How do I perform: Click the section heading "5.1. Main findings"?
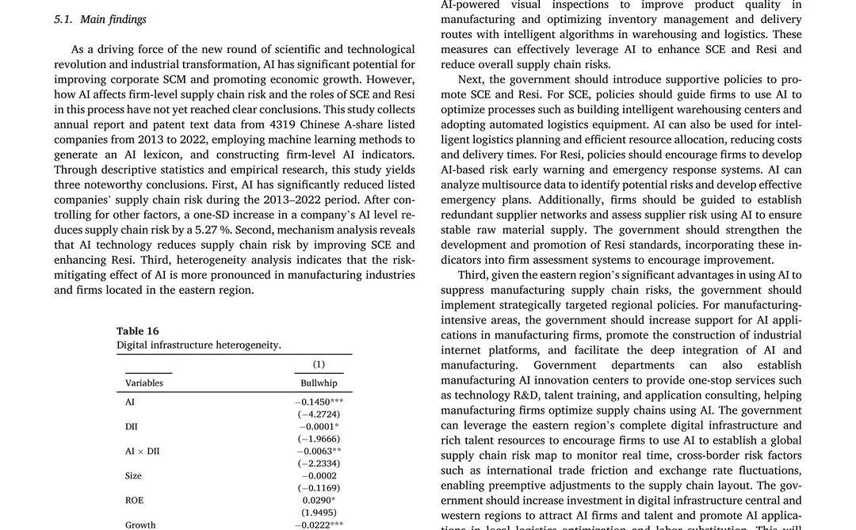[x=100, y=19]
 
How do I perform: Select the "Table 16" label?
[x=137, y=331]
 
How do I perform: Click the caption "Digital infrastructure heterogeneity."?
[x=198, y=345]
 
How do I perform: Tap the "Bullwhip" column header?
[x=319, y=383]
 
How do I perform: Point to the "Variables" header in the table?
[x=144, y=383]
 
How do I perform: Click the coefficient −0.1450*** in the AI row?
[x=319, y=402]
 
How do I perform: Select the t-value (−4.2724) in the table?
[x=319, y=414]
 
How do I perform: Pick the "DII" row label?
[x=132, y=427]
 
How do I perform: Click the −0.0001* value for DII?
[x=319, y=427]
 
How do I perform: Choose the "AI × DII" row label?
[x=142, y=452]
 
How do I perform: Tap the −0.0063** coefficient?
[x=319, y=452]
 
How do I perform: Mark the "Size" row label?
[x=133, y=476]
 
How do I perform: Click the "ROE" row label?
[x=134, y=501]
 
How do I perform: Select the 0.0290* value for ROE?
[x=319, y=501]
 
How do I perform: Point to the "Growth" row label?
[x=140, y=524]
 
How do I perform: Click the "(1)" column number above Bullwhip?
[x=319, y=364]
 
